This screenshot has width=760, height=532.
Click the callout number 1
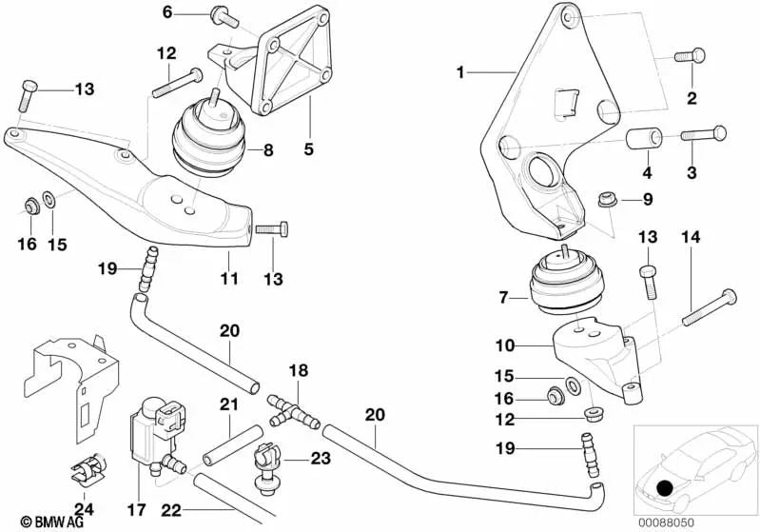pos(461,72)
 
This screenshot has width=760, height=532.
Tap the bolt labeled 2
pos(691,57)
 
